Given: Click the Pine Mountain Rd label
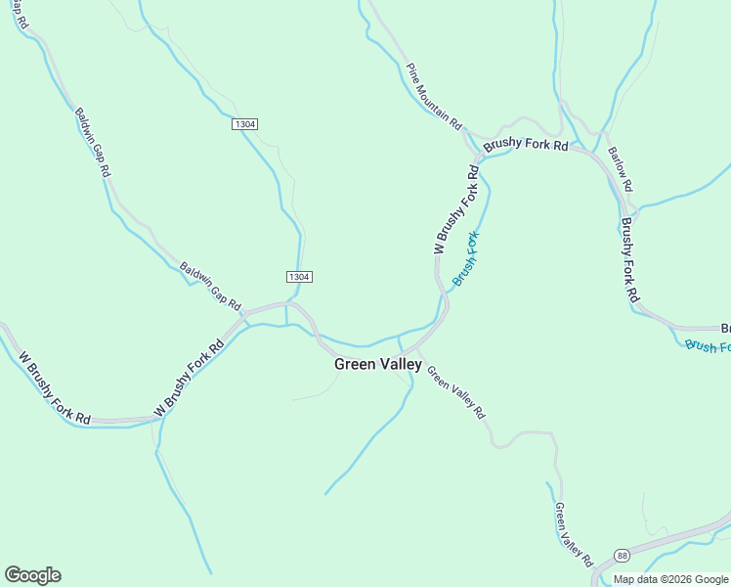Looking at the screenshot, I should pos(434,98).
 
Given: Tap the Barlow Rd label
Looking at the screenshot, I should pos(621,169).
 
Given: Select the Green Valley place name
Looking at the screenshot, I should pos(378,364).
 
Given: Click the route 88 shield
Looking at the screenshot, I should pos(623,555).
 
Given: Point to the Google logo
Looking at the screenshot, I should pos(32,575).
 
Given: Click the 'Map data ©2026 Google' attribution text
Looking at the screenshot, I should pos(671,579).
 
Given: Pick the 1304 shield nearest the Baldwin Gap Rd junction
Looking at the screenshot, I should pos(299,277).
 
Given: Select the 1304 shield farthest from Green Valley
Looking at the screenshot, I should pos(245,124).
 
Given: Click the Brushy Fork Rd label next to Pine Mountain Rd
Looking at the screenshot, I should pos(526,144).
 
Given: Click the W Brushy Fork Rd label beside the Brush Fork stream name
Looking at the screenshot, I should pos(456,210).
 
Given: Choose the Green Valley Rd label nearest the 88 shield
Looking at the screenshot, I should pos(573,535).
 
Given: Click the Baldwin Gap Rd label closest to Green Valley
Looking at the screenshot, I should pos(210,287).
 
